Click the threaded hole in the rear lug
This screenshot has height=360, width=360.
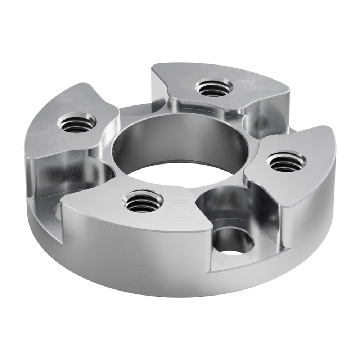pos(214,87)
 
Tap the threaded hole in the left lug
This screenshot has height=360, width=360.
pos(77,123)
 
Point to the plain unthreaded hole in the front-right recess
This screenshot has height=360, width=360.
pos(233,242)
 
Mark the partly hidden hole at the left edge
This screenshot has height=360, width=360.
pos(58,213)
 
